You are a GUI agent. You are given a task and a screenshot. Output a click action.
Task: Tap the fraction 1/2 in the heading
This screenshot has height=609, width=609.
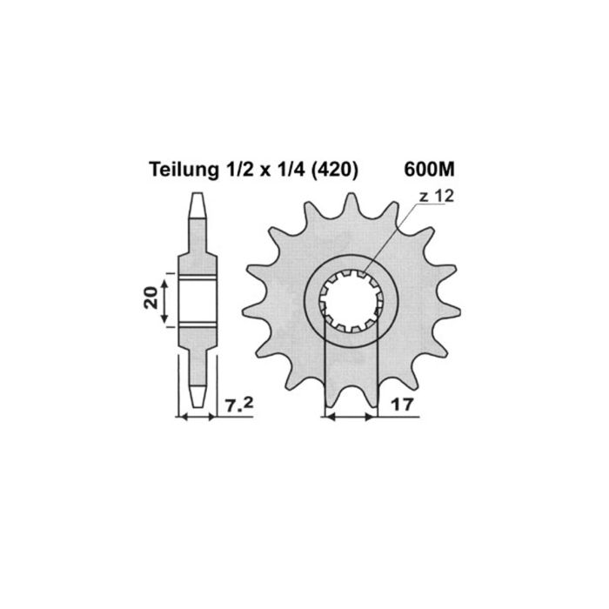tap(230, 170)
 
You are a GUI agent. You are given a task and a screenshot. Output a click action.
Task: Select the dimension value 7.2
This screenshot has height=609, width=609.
tap(238, 405)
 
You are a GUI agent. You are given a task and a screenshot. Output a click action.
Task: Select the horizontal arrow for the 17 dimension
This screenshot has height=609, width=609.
tap(351, 418)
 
